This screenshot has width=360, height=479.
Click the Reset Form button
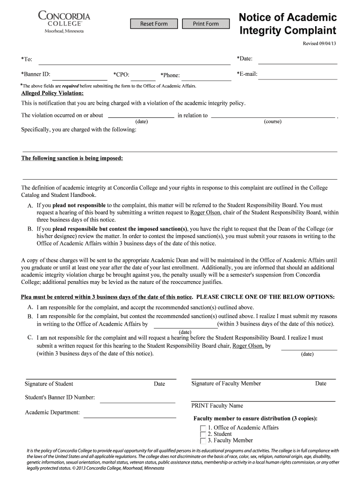154,24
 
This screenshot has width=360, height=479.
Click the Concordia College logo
64,22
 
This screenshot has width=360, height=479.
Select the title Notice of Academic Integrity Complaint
288,24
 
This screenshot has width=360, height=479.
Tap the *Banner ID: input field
82,76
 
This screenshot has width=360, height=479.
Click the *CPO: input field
143,76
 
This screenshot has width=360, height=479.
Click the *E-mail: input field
298,75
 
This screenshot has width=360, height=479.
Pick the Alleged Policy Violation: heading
52,93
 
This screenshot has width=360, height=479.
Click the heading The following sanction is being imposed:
72,158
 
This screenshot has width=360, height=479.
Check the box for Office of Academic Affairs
202,428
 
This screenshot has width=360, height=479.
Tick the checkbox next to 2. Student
202,434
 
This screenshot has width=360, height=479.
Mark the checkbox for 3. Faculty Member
202,441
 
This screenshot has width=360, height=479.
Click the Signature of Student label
49,384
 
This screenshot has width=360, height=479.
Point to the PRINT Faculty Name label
217,406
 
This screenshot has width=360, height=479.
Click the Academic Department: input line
129,414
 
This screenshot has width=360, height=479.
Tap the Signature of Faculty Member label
226,384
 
